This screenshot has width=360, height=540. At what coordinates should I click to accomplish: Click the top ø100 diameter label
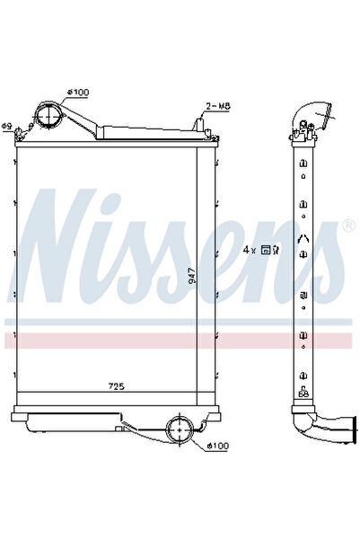click(x=79, y=93)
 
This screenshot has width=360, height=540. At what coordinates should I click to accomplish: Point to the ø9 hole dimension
click(x=7, y=125)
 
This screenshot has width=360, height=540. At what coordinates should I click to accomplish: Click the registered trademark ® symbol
click(x=347, y=221)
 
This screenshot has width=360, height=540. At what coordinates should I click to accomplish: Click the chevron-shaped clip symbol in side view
click(x=305, y=239)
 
